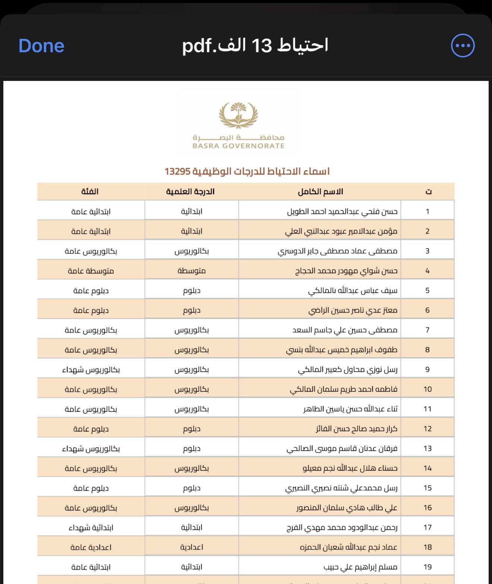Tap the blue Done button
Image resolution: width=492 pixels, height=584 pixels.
(41, 46)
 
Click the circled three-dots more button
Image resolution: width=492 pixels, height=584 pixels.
(463, 46)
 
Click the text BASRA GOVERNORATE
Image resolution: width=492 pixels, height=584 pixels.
(239, 146)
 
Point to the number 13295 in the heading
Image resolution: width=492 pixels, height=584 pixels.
(177, 172)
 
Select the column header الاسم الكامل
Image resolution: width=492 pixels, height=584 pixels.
(320, 192)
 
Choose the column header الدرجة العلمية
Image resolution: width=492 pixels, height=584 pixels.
(190, 192)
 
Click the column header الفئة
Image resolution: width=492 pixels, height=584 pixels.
(90, 192)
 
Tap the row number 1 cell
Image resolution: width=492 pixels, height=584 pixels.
(428, 211)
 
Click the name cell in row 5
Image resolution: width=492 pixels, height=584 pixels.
(353, 291)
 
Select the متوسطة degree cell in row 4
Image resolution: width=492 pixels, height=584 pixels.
(192, 271)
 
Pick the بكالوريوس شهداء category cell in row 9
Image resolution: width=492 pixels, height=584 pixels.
(91, 370)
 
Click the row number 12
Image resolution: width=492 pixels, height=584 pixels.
(428, 429)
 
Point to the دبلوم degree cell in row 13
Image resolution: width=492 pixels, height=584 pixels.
(192, 449)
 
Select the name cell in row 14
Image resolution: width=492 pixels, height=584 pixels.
(350, 468)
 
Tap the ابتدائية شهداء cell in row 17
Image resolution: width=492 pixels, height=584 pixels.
(91, 528)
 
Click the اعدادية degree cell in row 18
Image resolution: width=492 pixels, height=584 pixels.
(192, 547)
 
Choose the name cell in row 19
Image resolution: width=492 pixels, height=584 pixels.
(360, 567)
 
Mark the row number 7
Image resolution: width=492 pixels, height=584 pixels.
(428, 330)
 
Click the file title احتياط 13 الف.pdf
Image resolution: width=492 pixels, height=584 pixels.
(255, 45)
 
